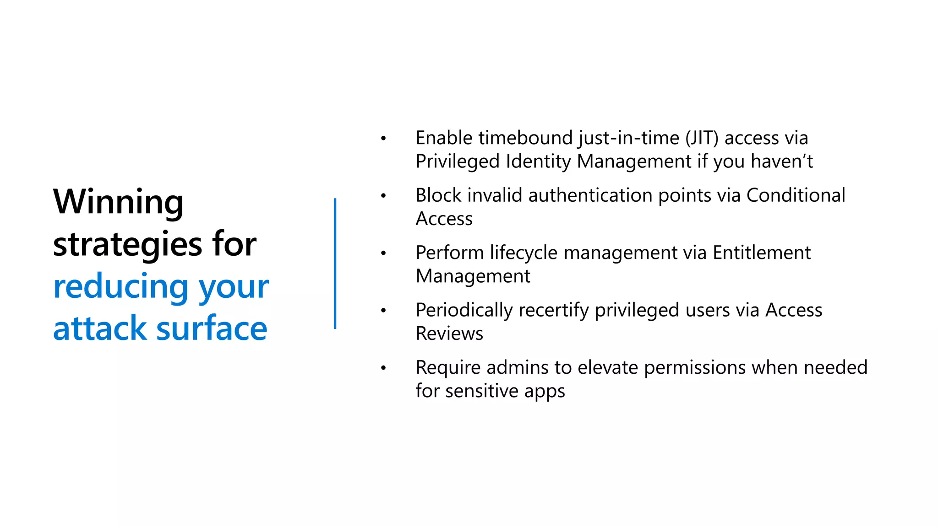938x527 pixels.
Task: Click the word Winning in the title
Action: point(118,202)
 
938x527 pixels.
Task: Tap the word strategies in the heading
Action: point(127,244)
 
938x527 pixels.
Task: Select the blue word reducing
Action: point(120,287)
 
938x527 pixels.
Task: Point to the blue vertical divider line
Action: point(335,263)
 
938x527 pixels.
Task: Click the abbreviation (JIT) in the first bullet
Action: point(702,138)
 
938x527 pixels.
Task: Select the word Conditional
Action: point(796,195)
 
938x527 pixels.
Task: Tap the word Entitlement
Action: point(761,253)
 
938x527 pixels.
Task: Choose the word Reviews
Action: point(449,333)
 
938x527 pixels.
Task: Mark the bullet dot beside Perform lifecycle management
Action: point(383,253)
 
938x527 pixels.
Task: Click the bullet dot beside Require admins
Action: point(383,368)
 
